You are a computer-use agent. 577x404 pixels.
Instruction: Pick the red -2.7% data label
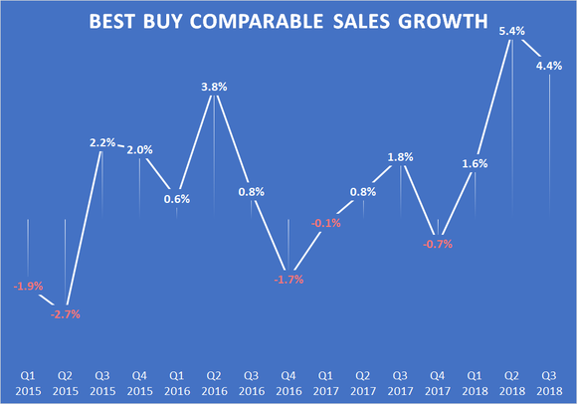click(65, 313)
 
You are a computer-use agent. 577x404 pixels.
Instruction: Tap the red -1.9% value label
click(27, 287)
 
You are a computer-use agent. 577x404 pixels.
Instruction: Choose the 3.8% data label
click(214, 87)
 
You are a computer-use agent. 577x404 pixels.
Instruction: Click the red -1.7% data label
click(288, 280)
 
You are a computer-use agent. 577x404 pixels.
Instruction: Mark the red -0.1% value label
click(325, 223)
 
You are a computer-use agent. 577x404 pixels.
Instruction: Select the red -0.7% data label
click(437, 243)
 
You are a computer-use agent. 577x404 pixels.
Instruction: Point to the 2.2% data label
click(103, 142)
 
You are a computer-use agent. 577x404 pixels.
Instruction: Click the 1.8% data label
click(400, 156)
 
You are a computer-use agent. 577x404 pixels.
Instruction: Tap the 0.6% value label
click(177, 198)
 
